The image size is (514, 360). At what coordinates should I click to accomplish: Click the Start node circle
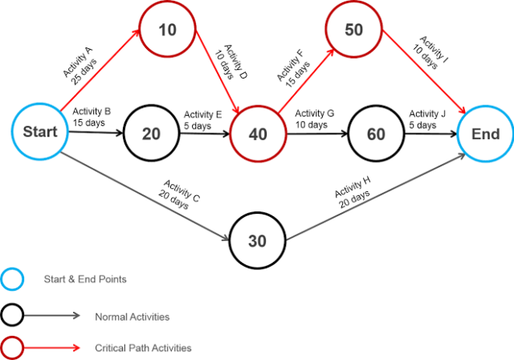tap(39, 133)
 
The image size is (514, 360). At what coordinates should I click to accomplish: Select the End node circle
tap(485, 133)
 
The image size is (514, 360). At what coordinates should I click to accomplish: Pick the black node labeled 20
tap(150, 133)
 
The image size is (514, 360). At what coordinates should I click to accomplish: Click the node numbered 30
tap(257, 240)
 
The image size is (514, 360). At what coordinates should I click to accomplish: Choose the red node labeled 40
tap(258, 133)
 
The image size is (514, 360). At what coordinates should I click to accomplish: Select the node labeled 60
tap(375, 133)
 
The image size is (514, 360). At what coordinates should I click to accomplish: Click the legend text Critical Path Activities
tap(143, 348)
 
